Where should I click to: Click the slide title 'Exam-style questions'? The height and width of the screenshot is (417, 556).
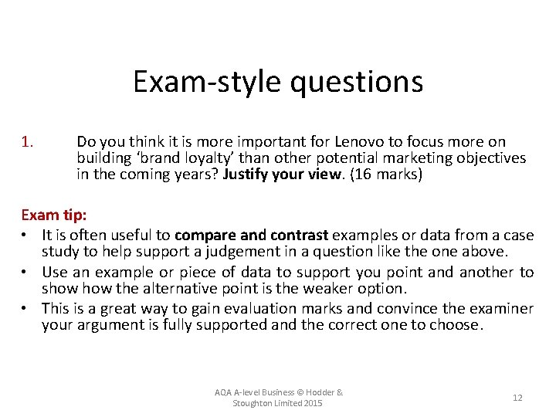point(277,81)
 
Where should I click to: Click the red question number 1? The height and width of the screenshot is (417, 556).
point(27,142)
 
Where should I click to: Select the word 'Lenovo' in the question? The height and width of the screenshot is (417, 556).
point(361,142)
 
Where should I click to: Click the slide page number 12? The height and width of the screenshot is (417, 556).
point(517,398)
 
